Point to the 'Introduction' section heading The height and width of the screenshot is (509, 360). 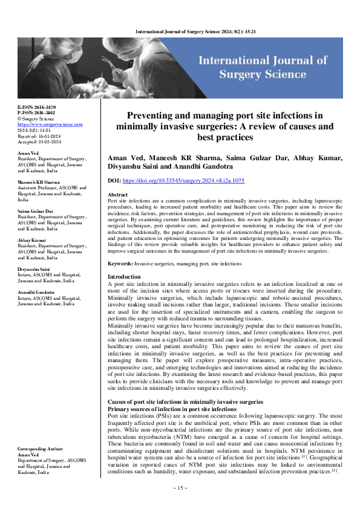point(123,277)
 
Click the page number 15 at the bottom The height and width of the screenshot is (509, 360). point(180,488)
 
